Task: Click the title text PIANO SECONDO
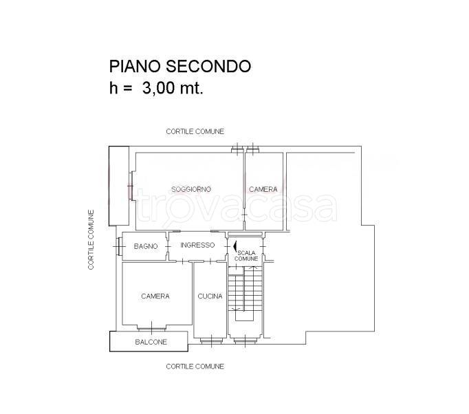pyautogui.click(x=180, y=66)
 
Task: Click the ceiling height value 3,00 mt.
pyautogui.click(x=173, y=88)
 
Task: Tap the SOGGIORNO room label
pyautogui.click(x=190, y=189)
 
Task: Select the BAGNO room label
pyautogui.click(x=146, y=246)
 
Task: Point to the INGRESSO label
pyautogui.click(x=197, y=245)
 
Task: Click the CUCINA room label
pyautogui.click(x=209, y=296)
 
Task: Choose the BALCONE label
pyautogui.click(x=151, y=342)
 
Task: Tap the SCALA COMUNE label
pyautogui.click(x=247, y=255)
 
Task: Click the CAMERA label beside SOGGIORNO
pyautogui.click(x=263, y=189)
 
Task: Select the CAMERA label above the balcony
pyautogui.click(x=155, y=296)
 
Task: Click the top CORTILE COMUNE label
pyautogui.click(x=195, y=131)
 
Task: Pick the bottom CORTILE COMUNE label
pyautogui.click(x=195, y=367)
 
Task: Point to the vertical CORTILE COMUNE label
pyautogui.click(x=91, y=239)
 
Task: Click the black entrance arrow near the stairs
pyautogui.click(x=235, y=246)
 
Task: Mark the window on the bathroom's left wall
pyautogui.click(x=119, y=246)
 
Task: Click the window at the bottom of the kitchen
pyautogui.click(x=209, y=339)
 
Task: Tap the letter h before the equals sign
pyautogui.click(x=113, y=88)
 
